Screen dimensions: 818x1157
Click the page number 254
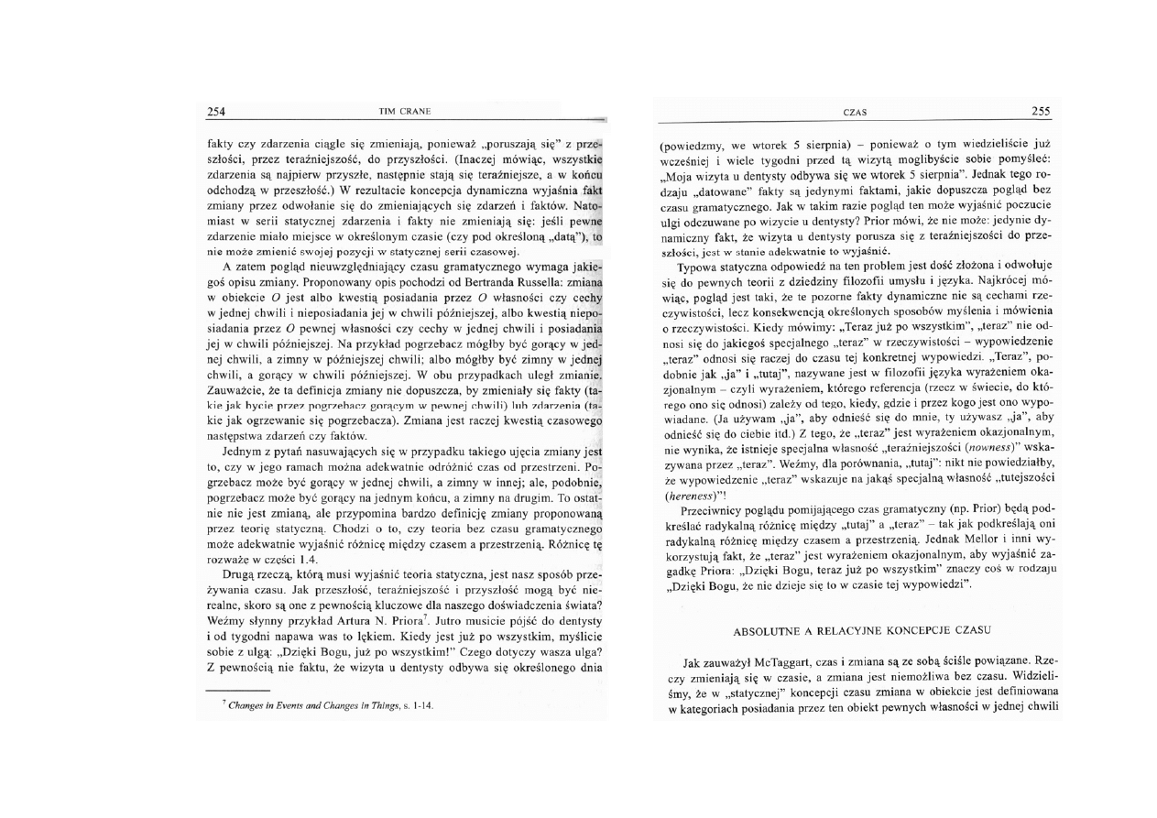pyautogui.click(x=216, y=112)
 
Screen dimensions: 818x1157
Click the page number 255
pyautogui.click(x=1041, y=112)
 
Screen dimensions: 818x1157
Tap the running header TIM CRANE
pyautogui.click(x=404, y=112)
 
